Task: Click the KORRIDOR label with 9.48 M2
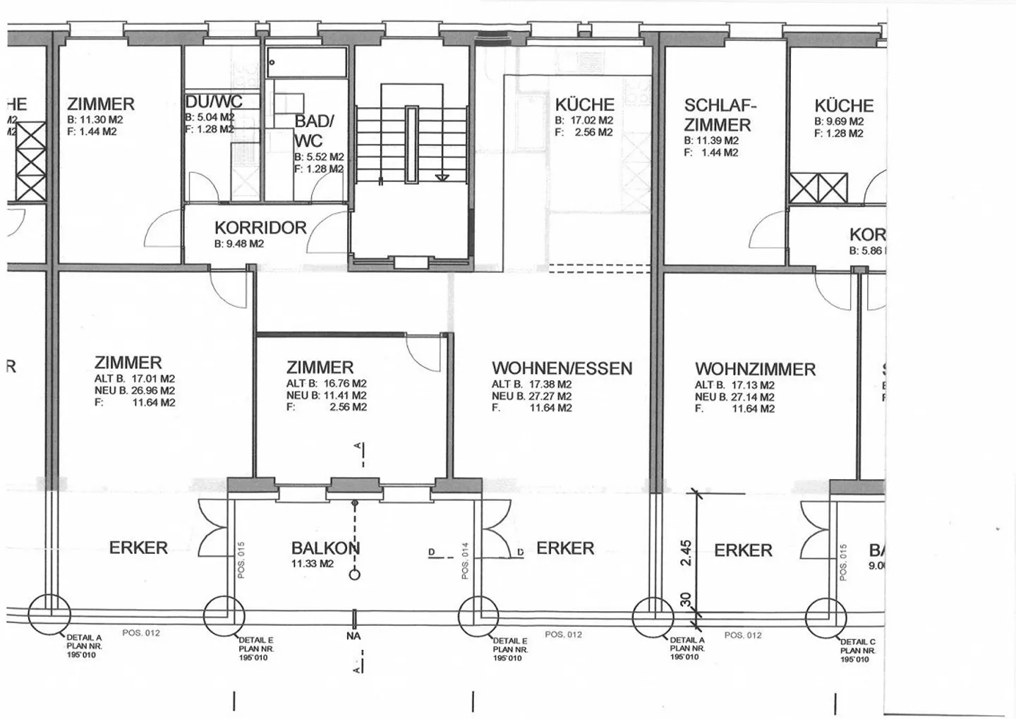[260, 228]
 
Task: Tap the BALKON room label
[325, 548]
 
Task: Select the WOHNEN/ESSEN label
[562, 368]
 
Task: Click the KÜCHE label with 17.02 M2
[584, 104]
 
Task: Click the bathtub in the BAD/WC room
[307, 63]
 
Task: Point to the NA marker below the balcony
[353, 636]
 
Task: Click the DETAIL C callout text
[857, 641]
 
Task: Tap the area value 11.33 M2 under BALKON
[312, 564]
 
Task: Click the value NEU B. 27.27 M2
[531, 397]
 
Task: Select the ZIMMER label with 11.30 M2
[100, 104]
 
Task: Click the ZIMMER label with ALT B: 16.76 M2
[320, 368]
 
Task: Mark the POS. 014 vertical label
[465, 561]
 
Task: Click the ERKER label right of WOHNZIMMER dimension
[743, 550]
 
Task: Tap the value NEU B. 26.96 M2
[134, 390]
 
